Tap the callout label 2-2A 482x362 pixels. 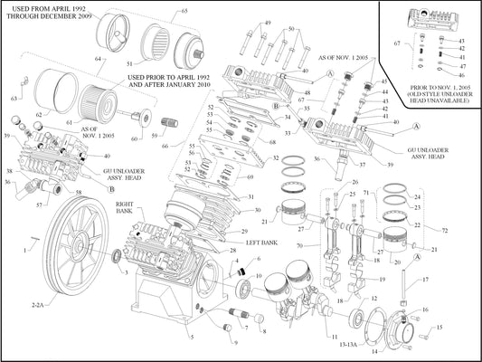pos(38,307)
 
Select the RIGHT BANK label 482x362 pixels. pos(126,210)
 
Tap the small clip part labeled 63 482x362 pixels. pos(14,98)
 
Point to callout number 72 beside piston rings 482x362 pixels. pos(444,231)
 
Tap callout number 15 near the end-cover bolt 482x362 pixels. pos(440,328)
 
